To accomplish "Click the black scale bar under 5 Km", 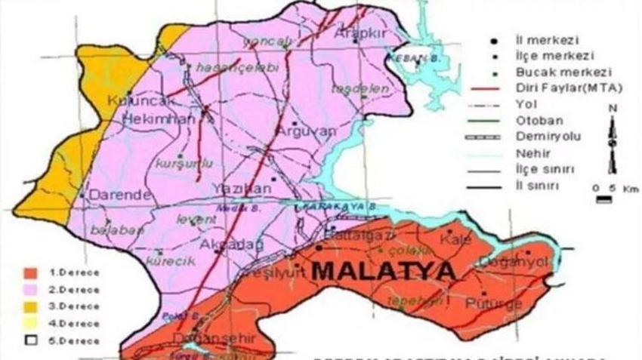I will pos(603,200).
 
